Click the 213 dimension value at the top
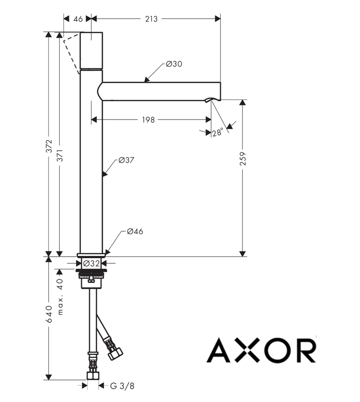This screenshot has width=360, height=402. (x=151, y=19)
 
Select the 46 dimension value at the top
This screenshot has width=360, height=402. (x=78, y=19)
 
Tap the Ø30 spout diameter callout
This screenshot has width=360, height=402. (x=174, y=64)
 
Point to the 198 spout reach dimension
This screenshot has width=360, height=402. (x=148, y=120)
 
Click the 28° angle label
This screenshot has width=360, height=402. (x=217, y=132)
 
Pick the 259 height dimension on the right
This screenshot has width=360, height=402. (x=243, y=158)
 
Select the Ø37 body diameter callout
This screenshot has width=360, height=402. (x=126, y=160)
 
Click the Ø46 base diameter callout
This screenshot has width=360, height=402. (x=135, y=232)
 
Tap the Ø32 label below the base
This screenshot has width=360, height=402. (x=92, y=263)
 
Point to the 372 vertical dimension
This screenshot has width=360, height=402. (x=49, y=146)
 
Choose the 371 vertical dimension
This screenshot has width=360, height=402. (x=60, y=155)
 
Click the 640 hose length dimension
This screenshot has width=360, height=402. (x=49, y=314)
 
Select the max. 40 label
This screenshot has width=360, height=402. (x=60, y=296)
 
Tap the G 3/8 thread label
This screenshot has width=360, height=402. (x=122, y=386)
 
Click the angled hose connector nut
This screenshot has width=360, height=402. (x=115, y=354)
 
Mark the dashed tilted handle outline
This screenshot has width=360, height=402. (x=71, y=53)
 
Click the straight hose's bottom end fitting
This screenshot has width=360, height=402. (x=93, y=375)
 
